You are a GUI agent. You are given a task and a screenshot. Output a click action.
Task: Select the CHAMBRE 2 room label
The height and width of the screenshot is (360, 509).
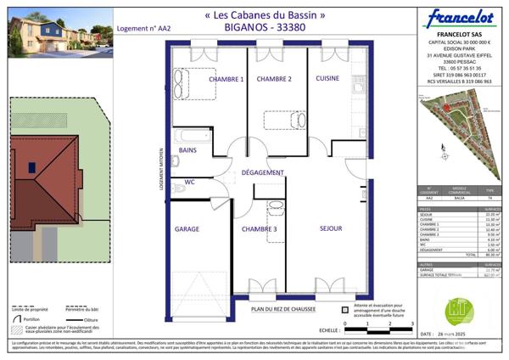pyautogui.click(x=274, y=79)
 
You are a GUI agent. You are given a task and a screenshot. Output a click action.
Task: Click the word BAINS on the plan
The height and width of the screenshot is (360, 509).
pyautogui.click(x=187, y=150)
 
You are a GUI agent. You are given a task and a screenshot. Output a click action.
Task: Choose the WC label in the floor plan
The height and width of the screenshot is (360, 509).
pyautogui.click(x=190, y=182)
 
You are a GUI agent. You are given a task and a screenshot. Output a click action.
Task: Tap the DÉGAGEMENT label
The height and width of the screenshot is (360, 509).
pyautogui.click(x=262, y=172)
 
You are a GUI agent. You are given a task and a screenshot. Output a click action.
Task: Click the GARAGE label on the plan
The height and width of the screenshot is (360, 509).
pyautogui.click(x=187, y=229)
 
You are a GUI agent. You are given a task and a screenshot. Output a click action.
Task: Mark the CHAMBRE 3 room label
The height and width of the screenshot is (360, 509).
pyautogui.click(x=259, y=229)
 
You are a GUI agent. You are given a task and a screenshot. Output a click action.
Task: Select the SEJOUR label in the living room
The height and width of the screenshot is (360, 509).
pyautogui.click(x=331, y=228)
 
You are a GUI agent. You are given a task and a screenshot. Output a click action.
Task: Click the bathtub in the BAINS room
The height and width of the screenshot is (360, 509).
pyautogui.click(x=193, y=135)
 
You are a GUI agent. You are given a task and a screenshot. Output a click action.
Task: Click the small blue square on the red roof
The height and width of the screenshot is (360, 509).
pyautogui.click(x=31, y=167)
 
